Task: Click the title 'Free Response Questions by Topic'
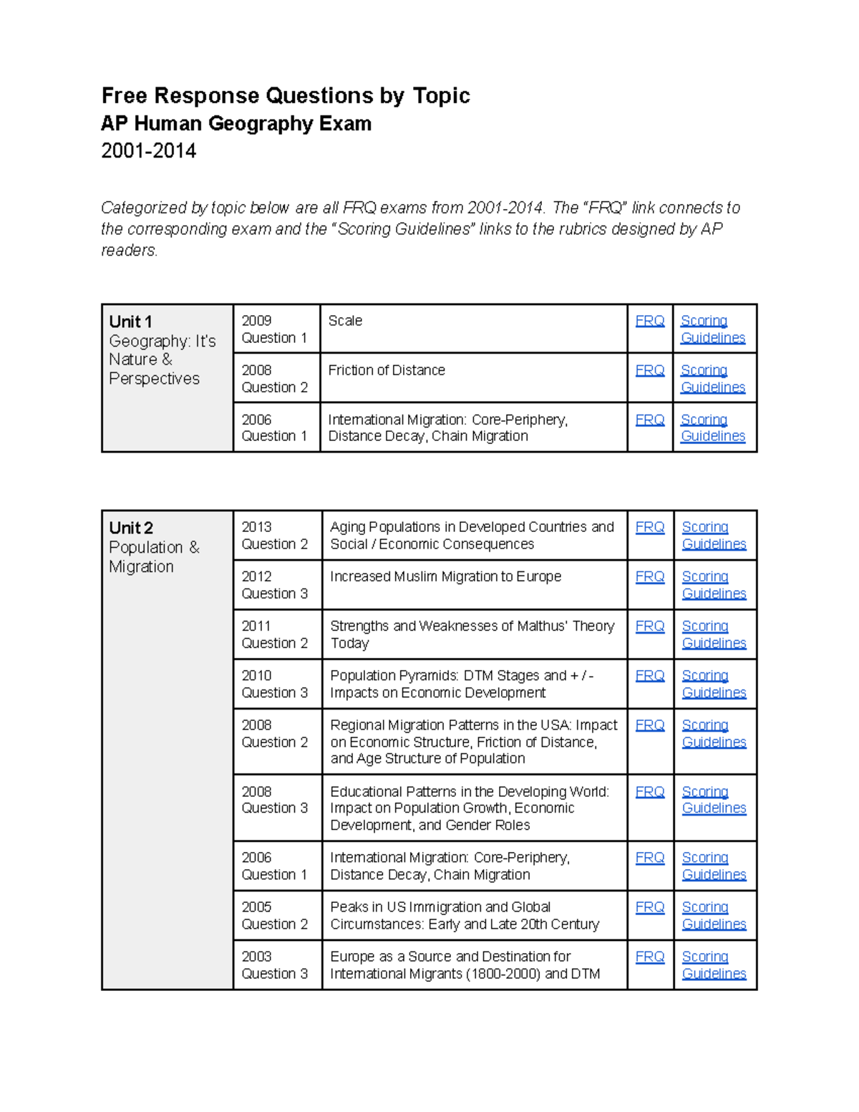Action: click(x=285, y=95)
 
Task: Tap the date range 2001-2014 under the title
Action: click(x=148, y=150)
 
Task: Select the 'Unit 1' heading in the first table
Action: click(x=130, y=321)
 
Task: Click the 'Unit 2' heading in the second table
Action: click(x=131, y=528)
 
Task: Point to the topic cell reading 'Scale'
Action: click(x=345, y=321)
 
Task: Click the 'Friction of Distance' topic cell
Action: click(x=387, y=370)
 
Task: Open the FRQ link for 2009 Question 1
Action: click(x=649, y=321)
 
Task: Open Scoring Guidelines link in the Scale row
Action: click(x=712, y=329)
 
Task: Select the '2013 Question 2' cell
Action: click(x=275, y=536)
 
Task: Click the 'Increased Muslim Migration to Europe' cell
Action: click(x=445, y=576)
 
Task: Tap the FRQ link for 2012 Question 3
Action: click(x=649, y=576)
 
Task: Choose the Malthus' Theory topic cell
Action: click(x=472, y=634)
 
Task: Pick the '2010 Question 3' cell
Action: click(x=275, y=684)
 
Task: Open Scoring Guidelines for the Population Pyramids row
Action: click(x=714, y=684)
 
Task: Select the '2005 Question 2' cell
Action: click(x=275, y=915)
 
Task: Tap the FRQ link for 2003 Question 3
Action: click(x=649, y=957)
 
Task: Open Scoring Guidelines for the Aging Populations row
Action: click(x=714, y=536)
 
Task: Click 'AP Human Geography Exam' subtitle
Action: click(x=236, y=124)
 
